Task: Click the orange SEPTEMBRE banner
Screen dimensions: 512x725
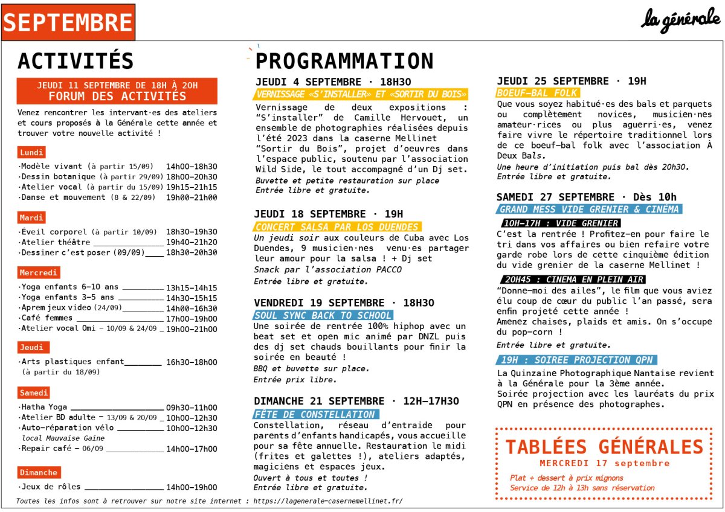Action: click(68, 22)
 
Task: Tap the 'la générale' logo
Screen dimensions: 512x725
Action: click(680, 19)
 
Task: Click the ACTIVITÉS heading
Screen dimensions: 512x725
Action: click(76, 61)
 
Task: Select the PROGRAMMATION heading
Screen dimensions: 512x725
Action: click(344, 61)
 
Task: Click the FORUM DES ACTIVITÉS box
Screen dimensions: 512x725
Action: click(117, 91)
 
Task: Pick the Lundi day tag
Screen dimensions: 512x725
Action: click(31, 153)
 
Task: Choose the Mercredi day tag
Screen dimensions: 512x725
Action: click(39, 273)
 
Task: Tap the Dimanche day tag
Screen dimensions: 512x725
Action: click(39, 473)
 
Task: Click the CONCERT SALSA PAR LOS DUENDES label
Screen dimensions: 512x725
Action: click(337, 227)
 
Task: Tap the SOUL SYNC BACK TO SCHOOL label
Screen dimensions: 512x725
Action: click(323, 315)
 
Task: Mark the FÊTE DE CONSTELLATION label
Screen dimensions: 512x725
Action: click(314, 414)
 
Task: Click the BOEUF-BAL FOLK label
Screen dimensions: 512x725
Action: click(537, 93)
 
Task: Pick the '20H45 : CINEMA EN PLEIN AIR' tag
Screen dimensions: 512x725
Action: click(572, 279)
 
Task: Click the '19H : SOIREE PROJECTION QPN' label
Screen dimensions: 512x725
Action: click(576, 360)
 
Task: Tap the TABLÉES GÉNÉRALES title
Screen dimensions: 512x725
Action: click(604, 447)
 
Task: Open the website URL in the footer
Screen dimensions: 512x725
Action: click(327, 501)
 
